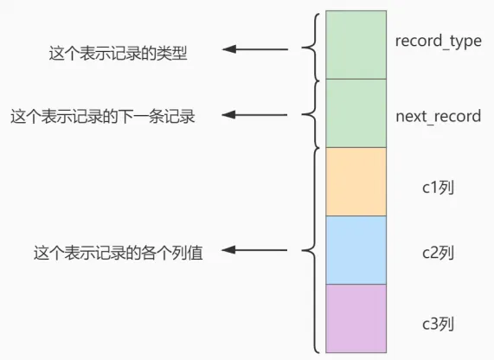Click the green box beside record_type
click(356, 44)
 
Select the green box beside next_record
click(356, 112)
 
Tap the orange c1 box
click(356, 181)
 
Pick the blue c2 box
click(356, 249)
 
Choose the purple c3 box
click(356, 318)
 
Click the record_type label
click(438, 41)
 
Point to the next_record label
click(438, 116)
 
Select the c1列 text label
click(437, 184)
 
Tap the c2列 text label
click(437, 253)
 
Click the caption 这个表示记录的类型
click(118, 54)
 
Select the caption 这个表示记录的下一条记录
click(102, 116)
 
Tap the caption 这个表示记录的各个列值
click(118, 253)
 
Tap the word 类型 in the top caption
click(174, 54)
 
